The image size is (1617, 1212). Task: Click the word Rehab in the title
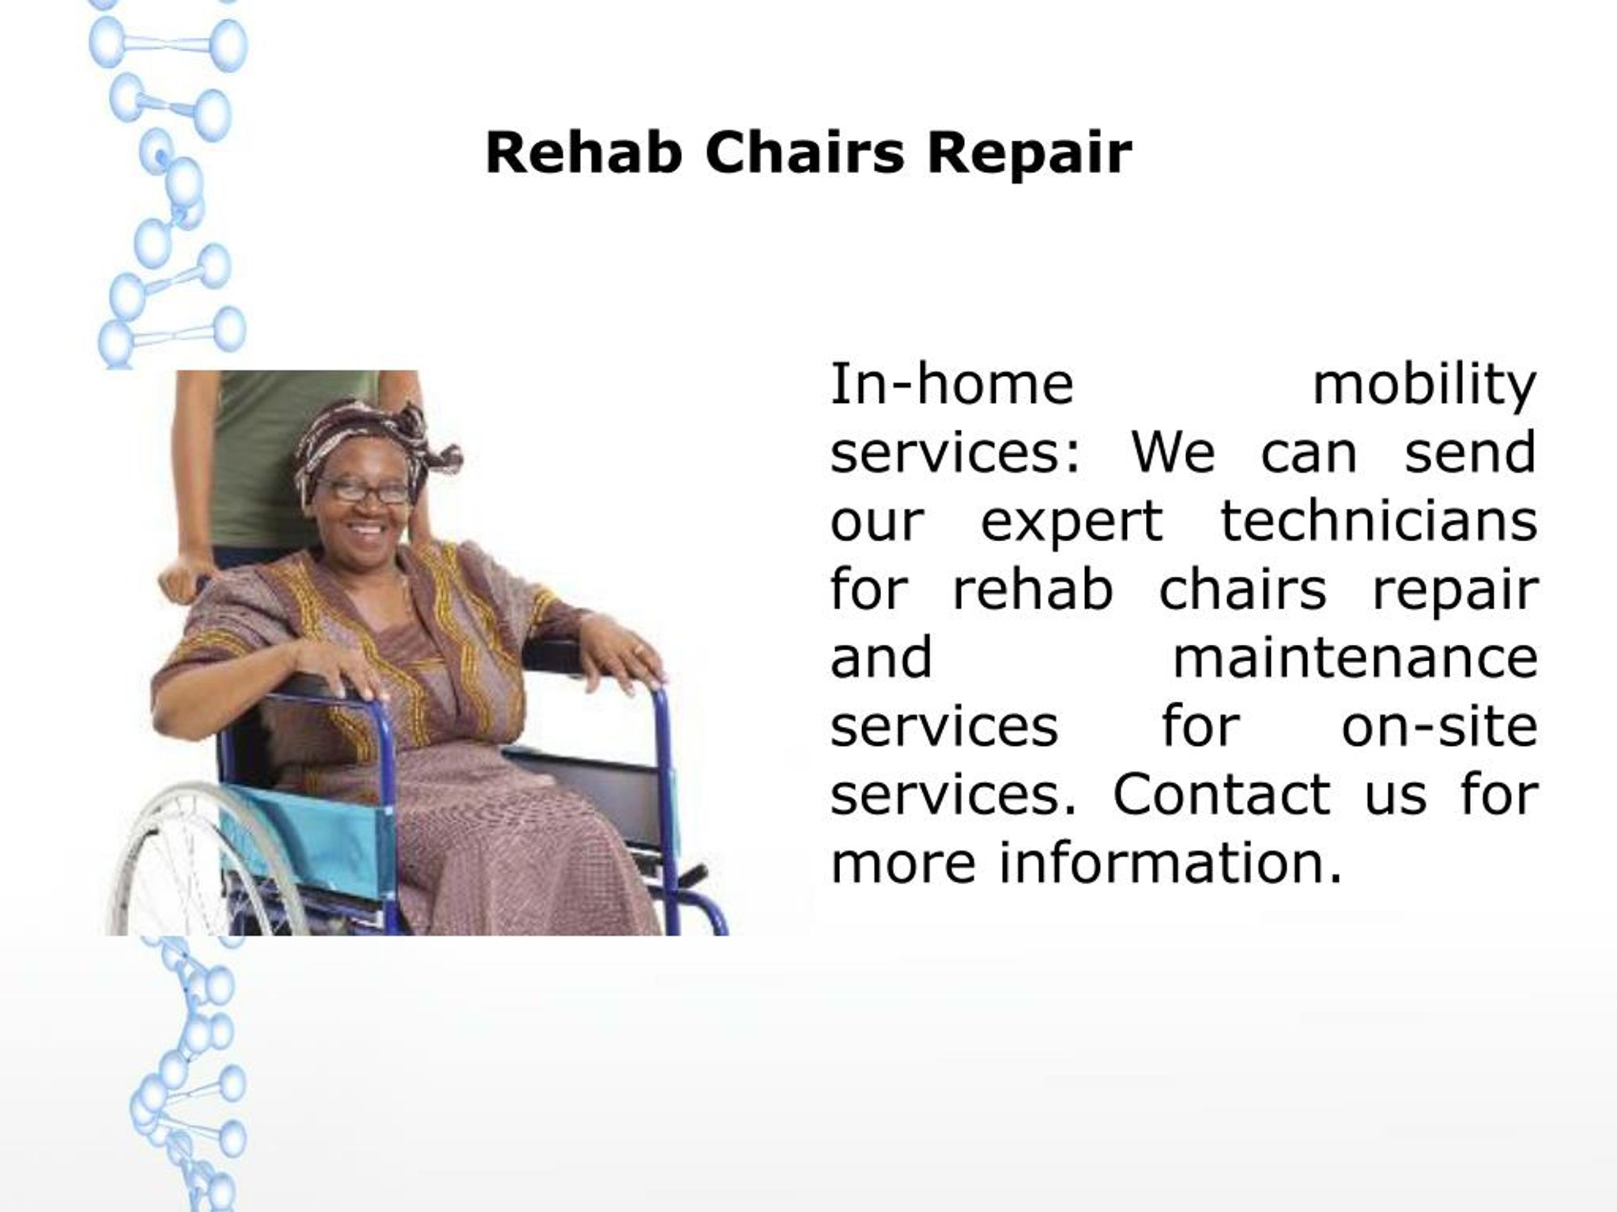(x=584, y=153)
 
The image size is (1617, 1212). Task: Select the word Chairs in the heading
(x=804, y=153)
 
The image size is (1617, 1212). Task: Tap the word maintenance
(x=1356, y=658)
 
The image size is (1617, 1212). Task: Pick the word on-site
(x=1440, y=726)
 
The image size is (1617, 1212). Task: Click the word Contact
(x=1221, y=794)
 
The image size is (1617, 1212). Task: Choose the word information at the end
(x=1170, y=863)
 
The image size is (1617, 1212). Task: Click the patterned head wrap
(x=366, y=438)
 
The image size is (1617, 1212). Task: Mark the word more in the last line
(x=903, y=863)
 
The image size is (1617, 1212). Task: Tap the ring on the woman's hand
(x=638, y=649)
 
